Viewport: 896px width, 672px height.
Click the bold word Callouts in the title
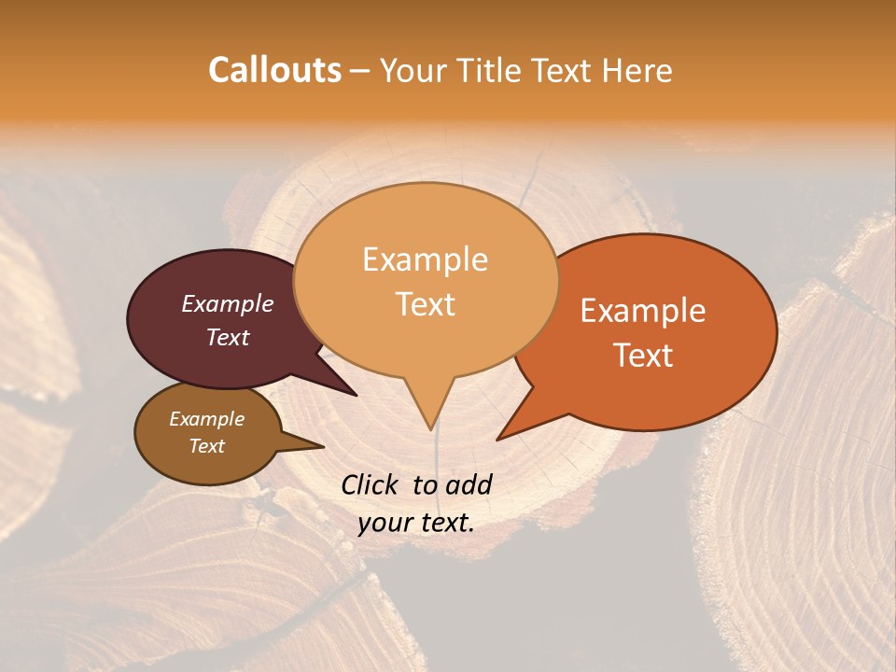point(274,70)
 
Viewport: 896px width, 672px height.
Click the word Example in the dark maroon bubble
point(228,303)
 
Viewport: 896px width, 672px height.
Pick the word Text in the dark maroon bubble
point(228,337)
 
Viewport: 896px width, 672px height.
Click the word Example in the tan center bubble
point(425,259)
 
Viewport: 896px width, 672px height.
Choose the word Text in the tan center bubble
point(425,304)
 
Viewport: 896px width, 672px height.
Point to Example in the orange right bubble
point(643,311)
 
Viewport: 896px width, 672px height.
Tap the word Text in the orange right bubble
point(643,356)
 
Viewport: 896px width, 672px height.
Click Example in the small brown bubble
point(206,419)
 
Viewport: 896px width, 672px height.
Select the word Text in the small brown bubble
point(206,446)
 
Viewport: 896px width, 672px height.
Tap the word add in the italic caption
point(468,484)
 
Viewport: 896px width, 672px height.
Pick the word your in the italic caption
point(384,524)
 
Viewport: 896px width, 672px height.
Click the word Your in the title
point(413,71)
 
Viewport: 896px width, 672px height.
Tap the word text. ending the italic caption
point(445,524)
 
